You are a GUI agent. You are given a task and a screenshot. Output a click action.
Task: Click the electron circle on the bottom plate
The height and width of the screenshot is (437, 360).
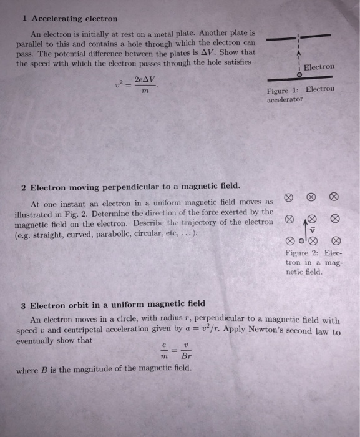pyautogui.click(x=299, y=74)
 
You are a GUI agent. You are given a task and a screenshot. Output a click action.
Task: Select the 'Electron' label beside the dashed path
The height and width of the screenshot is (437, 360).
pyautogui.click(x=319, y=66)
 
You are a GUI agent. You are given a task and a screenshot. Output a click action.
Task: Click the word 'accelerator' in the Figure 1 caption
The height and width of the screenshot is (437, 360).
pyautogui.click(x=285, y=99)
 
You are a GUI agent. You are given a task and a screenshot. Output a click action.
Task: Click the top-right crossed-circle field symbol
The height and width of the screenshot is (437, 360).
pyautogui.click(x=334, y=197)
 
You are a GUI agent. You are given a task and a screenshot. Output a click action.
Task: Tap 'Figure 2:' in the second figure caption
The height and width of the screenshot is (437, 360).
pyautogui.click(x=300, y=253)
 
